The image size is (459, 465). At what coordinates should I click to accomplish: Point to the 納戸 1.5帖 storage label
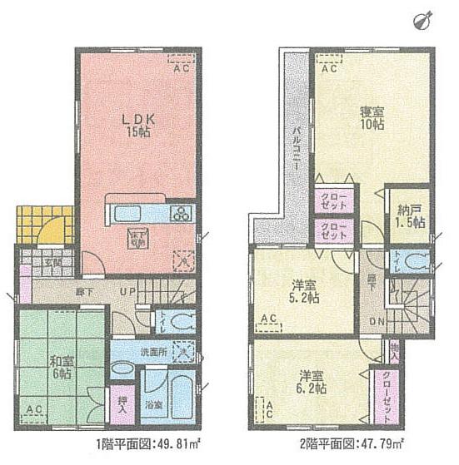click(410, 216)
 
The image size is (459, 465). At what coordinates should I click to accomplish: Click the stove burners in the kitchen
click(182, 213)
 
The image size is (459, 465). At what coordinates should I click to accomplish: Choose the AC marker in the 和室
click(34, 409)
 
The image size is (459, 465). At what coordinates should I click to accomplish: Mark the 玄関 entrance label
click(51, 261)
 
